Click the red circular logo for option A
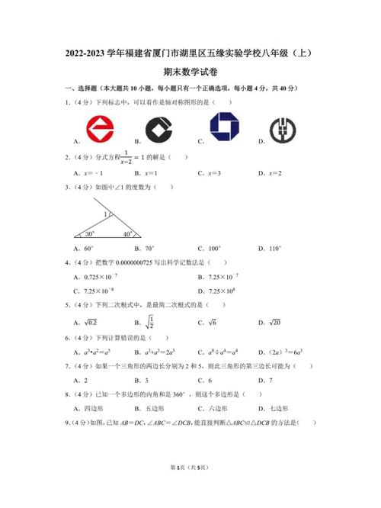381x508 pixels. point(98,127)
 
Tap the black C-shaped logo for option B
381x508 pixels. point(161,128)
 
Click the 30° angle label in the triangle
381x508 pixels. point(90,233)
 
